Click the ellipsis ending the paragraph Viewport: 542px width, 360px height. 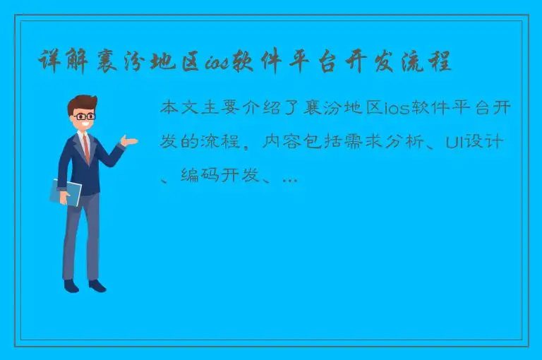[x=289, y=179]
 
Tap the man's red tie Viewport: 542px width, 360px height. [x=86, y=148]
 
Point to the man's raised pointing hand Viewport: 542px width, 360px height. [x=129, y=141]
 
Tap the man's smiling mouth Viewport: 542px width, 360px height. [x=86, y=126]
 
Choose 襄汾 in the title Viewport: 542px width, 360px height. [x=126, y=63]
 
